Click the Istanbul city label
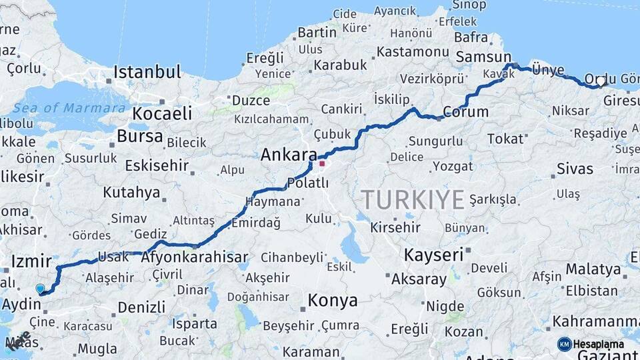147,72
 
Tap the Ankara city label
288,155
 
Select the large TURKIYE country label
412,199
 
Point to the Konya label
332,301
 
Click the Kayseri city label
433,255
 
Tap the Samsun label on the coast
483,57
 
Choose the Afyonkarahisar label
195,257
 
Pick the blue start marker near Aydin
41,289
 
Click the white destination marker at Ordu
601,81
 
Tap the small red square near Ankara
322,163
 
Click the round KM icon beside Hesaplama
564,344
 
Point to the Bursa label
139,136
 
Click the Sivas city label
575,168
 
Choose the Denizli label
141,307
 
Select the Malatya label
593,269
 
